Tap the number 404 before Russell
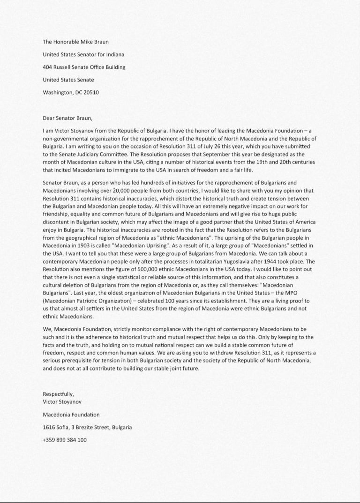point(47,67)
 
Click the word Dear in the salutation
point(49,118)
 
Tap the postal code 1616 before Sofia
point(49,427)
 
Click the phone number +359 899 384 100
point(64,440)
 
